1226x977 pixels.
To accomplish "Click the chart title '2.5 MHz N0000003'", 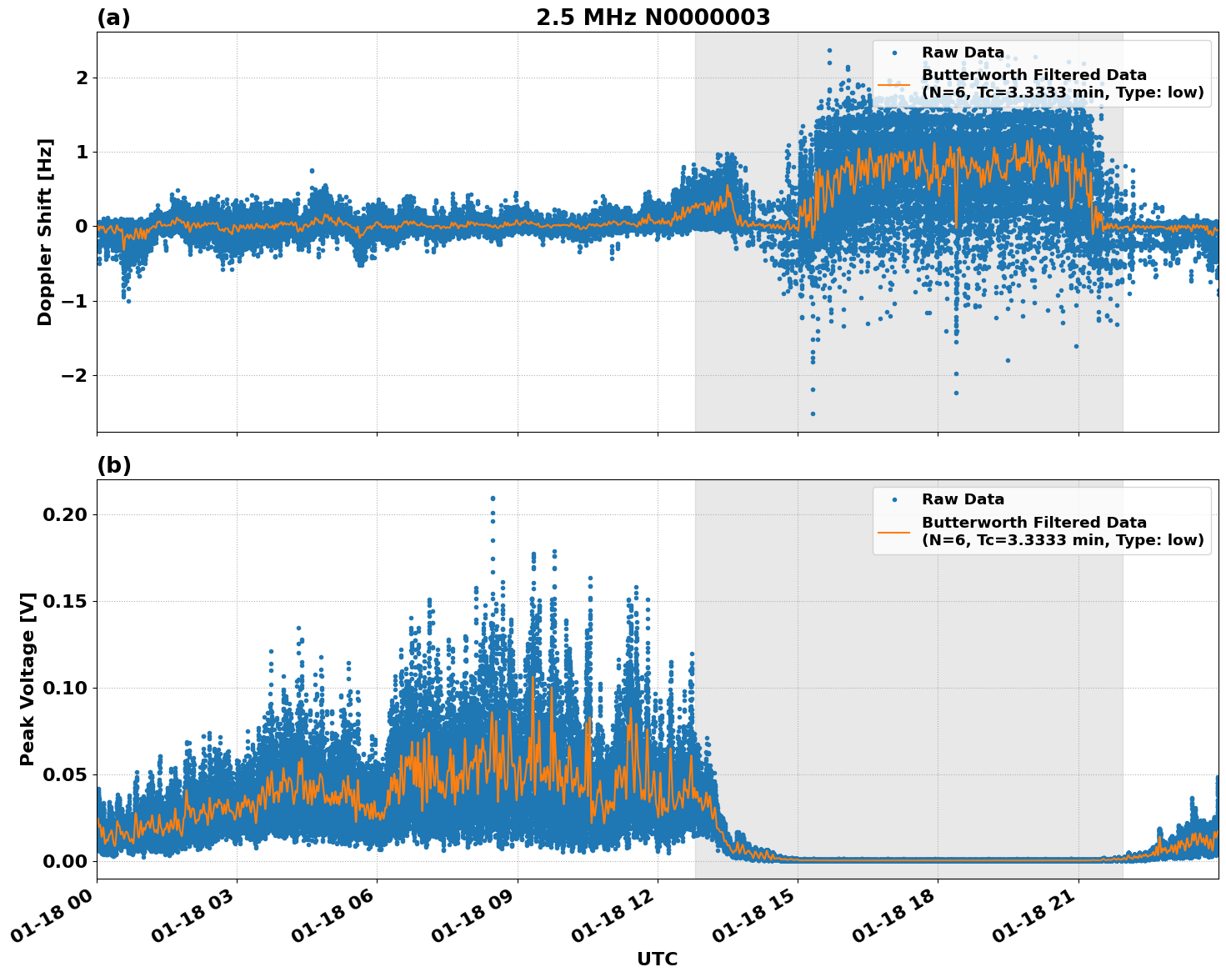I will [x=653, y=18].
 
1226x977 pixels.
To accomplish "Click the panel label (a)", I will [x=113, y=18].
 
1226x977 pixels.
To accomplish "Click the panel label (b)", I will [x=113, y=465].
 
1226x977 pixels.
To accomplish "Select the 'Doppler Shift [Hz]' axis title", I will [x=45, y=232].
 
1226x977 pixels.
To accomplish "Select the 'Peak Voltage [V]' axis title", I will [x=28, y=679].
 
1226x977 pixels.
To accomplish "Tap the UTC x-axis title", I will [x=657, y=959].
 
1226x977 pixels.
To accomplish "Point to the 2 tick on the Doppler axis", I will [x=82, y=78].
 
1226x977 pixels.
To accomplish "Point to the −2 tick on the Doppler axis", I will [x=76, y=375].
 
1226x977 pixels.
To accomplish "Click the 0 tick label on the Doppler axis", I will [x=82, y=226].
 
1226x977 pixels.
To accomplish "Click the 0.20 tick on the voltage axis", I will [x=64, y=514].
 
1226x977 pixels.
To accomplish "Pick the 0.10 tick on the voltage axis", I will [x=64, y=688].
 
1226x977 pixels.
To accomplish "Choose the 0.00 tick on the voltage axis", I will [x=64, y=861].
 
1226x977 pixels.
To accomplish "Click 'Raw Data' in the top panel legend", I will [x=963, y=53].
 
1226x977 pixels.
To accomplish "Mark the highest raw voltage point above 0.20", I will [x=493, y=499].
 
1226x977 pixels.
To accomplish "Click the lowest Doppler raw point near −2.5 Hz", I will [x=813, y=413].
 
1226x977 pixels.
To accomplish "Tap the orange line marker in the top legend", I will [x=894, y=84].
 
